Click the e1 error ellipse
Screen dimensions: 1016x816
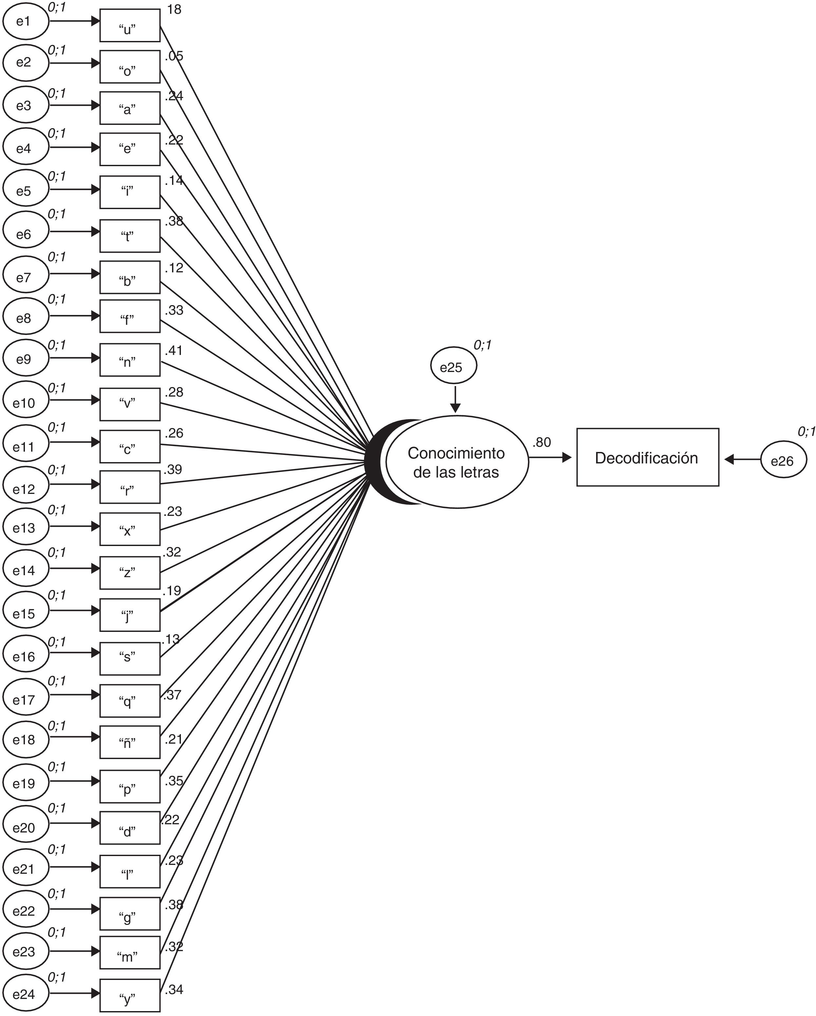26,21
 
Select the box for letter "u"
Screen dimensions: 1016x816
129,26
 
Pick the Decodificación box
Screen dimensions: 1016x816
647,458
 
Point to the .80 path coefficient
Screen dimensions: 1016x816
541,442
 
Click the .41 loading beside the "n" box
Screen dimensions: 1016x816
173,351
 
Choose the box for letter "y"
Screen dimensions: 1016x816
129,995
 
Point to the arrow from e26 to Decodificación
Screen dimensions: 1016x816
743,459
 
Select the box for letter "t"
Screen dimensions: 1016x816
129,236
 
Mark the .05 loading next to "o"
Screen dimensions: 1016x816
174,56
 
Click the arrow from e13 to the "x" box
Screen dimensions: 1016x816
74,526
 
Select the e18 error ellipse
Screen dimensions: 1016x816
26,739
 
